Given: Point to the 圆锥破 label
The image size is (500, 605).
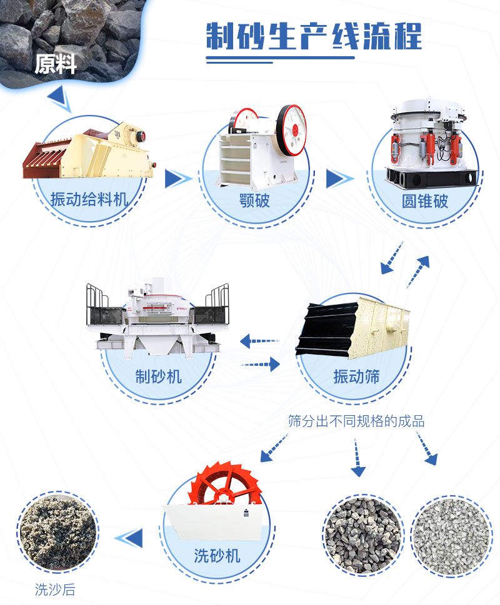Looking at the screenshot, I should click(x=425, y=201).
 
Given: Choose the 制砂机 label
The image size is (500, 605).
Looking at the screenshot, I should click(x=158, y=375).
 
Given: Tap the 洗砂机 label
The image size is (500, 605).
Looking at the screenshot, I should click(x=217, y=555).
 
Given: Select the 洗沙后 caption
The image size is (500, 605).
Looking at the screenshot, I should click(x=55, y=588).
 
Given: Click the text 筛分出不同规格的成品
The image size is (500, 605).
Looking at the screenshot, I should click(x=356, y=421).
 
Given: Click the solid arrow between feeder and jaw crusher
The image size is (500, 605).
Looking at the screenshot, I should click(x=177, y=179).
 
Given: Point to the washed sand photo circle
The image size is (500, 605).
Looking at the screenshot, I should click(x=57, y=527).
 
